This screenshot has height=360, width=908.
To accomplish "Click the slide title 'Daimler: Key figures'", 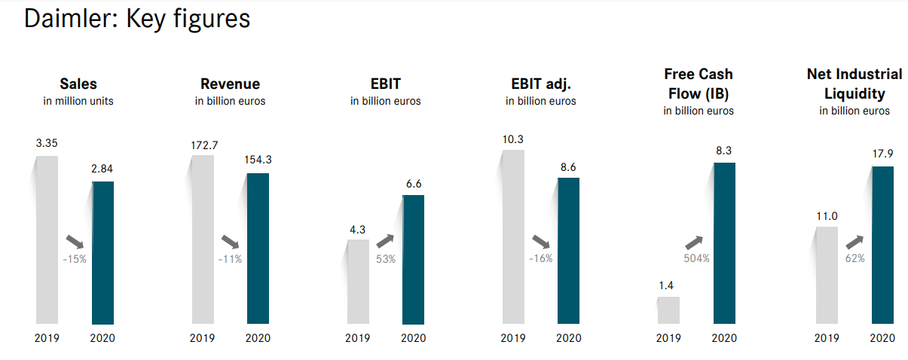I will coord(137,19).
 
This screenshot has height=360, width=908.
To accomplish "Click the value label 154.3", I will coord(258,160).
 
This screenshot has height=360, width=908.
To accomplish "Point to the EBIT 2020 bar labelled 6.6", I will coord(413,260).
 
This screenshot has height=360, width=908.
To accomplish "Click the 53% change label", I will coord(385,258).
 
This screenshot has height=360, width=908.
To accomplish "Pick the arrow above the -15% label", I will coord(75,242).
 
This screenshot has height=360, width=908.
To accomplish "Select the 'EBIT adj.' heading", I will coord(540,84).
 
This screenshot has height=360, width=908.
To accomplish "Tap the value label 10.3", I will coord(512,139).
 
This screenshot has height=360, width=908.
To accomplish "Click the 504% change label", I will coord(696,258).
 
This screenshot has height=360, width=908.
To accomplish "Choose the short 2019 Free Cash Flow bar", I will coord(668,310).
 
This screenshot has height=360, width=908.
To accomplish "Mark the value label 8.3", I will coord(724,151).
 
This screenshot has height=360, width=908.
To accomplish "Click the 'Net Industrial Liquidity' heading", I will coord(854,84).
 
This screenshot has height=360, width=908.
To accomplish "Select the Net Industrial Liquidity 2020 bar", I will coord(882,245).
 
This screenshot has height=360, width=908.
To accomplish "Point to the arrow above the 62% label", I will coord(854,242).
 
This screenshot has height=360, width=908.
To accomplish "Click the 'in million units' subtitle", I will coord(78,101).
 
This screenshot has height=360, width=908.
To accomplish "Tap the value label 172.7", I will coord(203,145).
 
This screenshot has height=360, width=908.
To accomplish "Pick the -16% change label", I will coord(540,258).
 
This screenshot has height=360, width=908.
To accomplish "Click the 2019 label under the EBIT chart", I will coord(358,338).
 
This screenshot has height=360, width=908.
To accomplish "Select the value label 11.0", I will coord(827,216).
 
